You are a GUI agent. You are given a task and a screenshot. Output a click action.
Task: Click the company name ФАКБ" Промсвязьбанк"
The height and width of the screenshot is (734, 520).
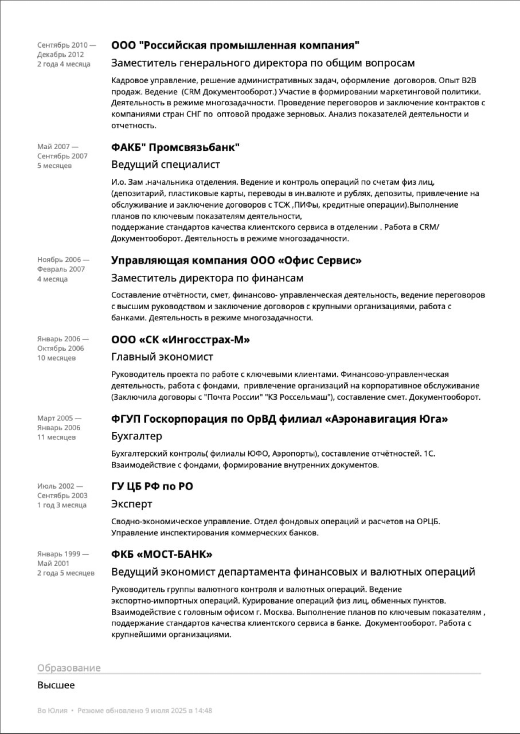tap(175, 147)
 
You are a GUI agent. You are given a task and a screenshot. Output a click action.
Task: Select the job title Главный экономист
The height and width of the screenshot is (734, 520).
tap(162, 357)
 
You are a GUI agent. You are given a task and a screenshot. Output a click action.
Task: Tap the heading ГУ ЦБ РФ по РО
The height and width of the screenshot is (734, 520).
tap(152, 486)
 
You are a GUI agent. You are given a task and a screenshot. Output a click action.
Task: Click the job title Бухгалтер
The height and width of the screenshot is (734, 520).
tap(136, 436)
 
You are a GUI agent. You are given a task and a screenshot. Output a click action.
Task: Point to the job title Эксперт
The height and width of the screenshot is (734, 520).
tap(132, 504)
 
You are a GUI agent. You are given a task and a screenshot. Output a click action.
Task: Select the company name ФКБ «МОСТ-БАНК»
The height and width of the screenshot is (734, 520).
tap(162, 555)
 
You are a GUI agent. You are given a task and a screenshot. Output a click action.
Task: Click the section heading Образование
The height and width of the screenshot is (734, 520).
tap(69, 668)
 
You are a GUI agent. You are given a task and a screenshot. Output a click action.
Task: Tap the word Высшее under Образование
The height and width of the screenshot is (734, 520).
tap(56, 685)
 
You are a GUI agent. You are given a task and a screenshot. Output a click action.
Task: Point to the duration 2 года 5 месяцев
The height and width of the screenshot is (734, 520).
tap(65, 573)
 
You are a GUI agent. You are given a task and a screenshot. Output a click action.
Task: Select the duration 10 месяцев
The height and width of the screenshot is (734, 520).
tap(56, 358)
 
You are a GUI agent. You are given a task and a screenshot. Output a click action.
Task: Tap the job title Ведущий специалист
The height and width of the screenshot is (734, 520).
tap(166, 165)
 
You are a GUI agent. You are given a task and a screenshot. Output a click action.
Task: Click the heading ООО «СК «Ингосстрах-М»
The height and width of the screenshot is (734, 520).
tap(180, 340)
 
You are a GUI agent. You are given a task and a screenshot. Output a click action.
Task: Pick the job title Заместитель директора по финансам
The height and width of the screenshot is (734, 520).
tap(207, 278)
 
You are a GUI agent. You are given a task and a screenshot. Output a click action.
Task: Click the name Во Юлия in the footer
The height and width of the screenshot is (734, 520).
tap(52, 711)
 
